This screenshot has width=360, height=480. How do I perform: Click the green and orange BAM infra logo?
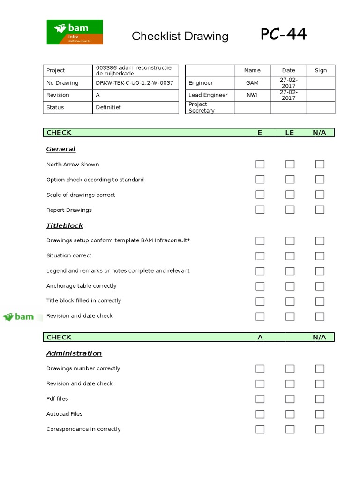point(75,32)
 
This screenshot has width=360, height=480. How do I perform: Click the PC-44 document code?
point(284,34)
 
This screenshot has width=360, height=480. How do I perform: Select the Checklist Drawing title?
point(180,36)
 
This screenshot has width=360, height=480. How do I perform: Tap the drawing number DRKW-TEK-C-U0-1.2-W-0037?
point(135,83)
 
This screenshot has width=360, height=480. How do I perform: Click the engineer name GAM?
point(252,83)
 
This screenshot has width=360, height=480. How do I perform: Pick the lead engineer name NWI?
point(252,95)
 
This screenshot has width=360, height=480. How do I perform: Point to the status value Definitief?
point(108,107)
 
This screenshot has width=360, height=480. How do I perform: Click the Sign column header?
point(321,71)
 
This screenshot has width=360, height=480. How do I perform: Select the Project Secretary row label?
point(202,107)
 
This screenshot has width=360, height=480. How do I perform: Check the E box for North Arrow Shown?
point(260,164)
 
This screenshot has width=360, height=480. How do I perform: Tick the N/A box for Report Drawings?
point(320,210)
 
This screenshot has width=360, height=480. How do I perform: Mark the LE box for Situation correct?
point(290,255)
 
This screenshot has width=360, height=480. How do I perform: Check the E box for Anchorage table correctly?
point(260,286)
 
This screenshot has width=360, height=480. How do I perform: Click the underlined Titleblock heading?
point(65,225)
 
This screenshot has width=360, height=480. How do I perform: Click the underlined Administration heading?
point(74,353)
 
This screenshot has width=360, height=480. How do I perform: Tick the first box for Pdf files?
point(260,399)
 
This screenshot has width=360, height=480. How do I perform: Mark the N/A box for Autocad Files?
point(320,414)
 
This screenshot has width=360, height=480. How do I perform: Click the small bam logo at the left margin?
point(19,317)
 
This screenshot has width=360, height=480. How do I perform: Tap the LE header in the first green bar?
point(290,133)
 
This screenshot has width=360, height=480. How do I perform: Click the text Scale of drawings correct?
point(81,195)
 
